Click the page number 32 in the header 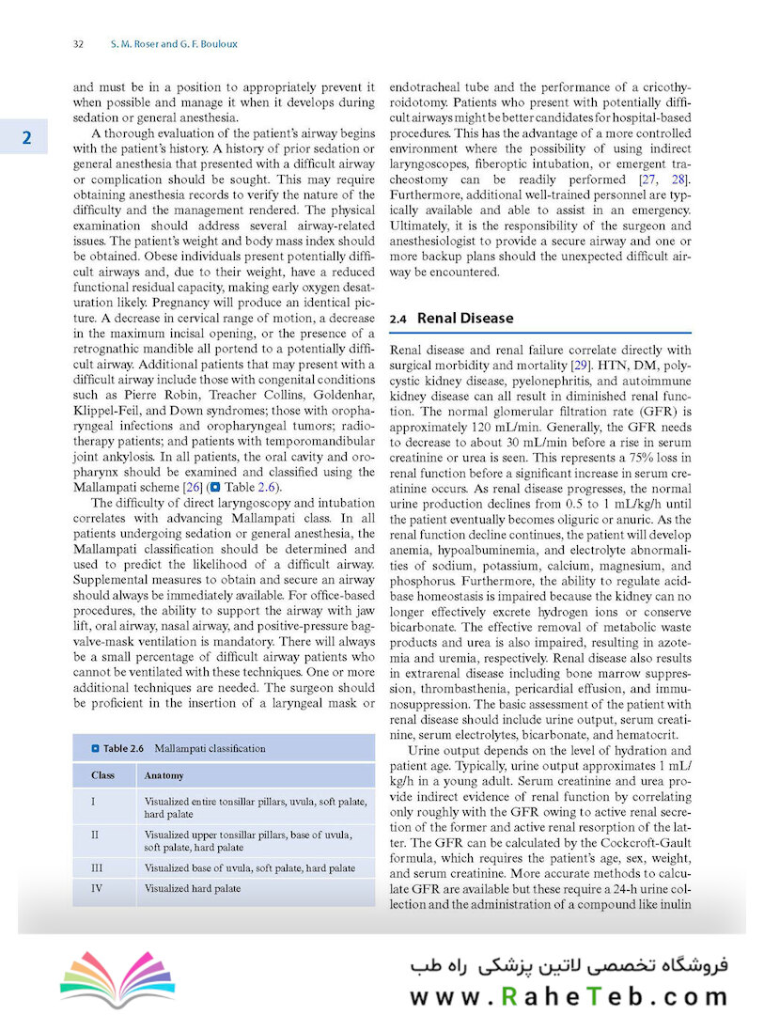pyautogui.click(x=79, y=44)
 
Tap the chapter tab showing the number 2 pyautogui.click(x=27, y=138)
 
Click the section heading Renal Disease pyautogui.click(x=465, y=319)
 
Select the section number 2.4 pyautogui.click(x=398, y=320)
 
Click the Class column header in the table pyautogui.click(x=103, y=775)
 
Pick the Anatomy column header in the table pyautogui.click(x=164, y=775)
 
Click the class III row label pyautogui.click(x=98, y=867)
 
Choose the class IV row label pyautogui.click(x=97, y=888)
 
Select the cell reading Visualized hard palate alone pyautogui.click(x=193, y=888)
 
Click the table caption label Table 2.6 pyautogui.click(x=123, y=748)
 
